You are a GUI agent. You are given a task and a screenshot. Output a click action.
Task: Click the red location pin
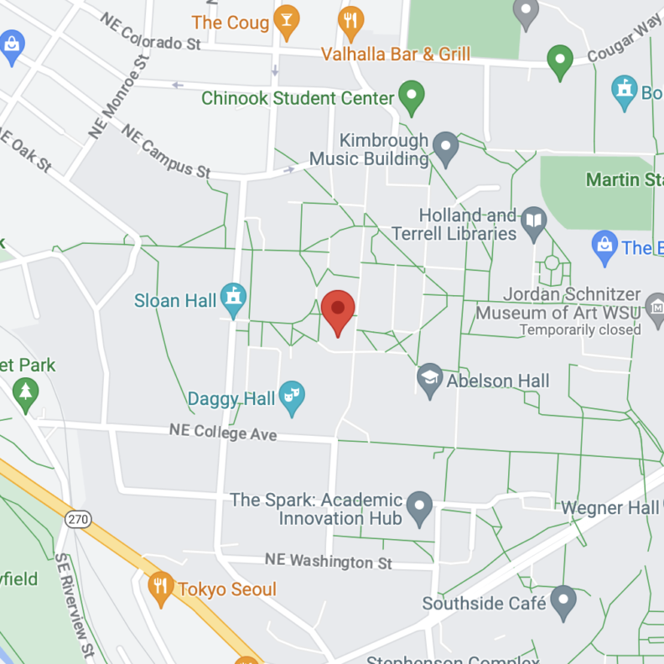click(x=338, y=311)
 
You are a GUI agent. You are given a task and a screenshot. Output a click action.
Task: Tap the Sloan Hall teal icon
click(x=232, y=298)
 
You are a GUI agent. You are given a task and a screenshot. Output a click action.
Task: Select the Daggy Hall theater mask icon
click(x=292, y=397)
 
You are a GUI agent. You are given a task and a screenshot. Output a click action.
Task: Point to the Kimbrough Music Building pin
click(x=445, y=148)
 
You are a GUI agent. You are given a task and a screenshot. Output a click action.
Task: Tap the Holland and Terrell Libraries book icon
click(x=533, y=222)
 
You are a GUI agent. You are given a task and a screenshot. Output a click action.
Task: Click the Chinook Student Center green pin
click(x=411, y=96)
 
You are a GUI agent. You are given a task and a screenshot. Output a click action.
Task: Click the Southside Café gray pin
click(x=563, y=600)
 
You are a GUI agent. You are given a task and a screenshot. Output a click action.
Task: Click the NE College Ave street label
click(x=222, y=432)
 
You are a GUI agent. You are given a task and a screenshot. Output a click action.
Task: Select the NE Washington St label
click(x=328, y=560)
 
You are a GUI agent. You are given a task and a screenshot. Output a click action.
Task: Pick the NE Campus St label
click(x=165, y=151)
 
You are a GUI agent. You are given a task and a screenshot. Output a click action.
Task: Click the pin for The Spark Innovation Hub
click(x=420, y=506)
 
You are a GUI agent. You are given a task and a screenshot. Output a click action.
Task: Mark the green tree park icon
click(x=26, y=392)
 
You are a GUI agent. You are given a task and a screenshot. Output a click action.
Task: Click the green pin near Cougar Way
click(x=559, y=60)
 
